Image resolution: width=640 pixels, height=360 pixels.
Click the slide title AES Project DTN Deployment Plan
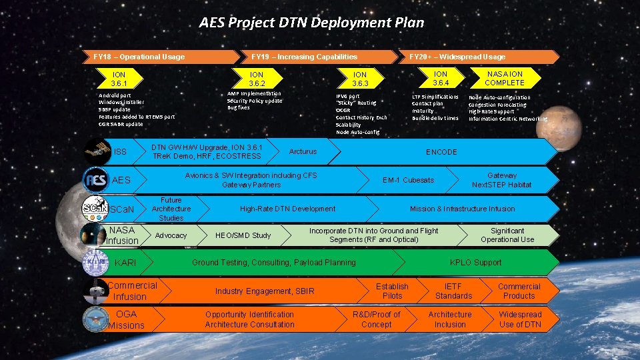(x=311, y=23)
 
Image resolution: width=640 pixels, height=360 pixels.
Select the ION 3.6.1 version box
(x=119, y=79)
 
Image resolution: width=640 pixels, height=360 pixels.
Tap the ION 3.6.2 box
(x=257, y=79)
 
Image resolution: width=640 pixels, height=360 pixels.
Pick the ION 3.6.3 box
(x=360, y=79)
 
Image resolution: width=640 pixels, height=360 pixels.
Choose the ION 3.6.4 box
(x=441, y=78)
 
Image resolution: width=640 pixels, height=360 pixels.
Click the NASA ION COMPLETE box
(x=505, y=78)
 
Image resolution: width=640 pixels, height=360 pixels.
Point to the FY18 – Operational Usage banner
(x=139, y=57)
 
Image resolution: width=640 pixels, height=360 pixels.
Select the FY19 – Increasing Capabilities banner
(x=304, y=57)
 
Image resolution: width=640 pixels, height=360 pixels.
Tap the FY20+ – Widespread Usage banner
(x=457, y=57)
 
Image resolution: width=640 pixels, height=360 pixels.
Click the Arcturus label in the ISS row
(x=303, y=152)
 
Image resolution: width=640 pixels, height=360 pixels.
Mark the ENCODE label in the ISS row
(x=441, y=152)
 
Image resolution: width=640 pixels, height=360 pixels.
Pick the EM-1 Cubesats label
(x=408, y=180)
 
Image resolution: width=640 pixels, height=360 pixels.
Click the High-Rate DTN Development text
(x=287, y=209)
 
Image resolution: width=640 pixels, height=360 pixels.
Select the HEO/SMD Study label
(x=243, y=235)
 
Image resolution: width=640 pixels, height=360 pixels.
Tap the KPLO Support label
(x=475, y=263)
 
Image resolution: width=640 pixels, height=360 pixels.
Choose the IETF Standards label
(x=453, y=291)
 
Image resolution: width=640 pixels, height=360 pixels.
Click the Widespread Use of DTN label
(x=520, y=319)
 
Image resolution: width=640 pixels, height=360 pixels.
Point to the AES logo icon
(x=96, y=180)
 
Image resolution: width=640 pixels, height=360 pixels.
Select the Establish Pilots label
(x=392, y=291)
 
